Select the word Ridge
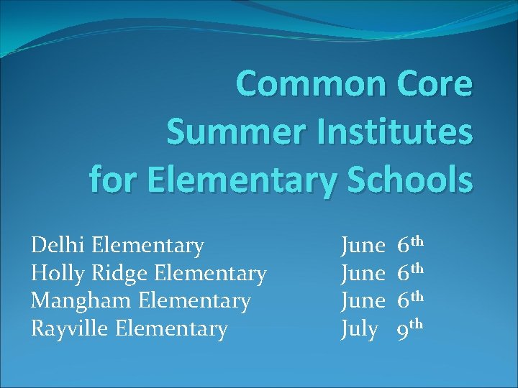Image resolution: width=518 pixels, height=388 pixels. click(122, 274)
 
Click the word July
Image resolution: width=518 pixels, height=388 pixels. click(359, 329)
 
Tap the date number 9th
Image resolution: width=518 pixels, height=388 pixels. click(412, 328)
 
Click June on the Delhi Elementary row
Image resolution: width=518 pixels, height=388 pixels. click(363, 246)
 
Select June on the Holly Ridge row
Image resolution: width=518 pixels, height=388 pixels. click(363, 274)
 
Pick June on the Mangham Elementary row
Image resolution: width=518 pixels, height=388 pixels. click(363, 301)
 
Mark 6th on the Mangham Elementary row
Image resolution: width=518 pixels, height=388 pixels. click(412, 300)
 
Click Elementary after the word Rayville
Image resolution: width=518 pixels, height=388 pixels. click(171, 329)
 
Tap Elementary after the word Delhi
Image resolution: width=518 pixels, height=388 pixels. click(148, 246)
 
